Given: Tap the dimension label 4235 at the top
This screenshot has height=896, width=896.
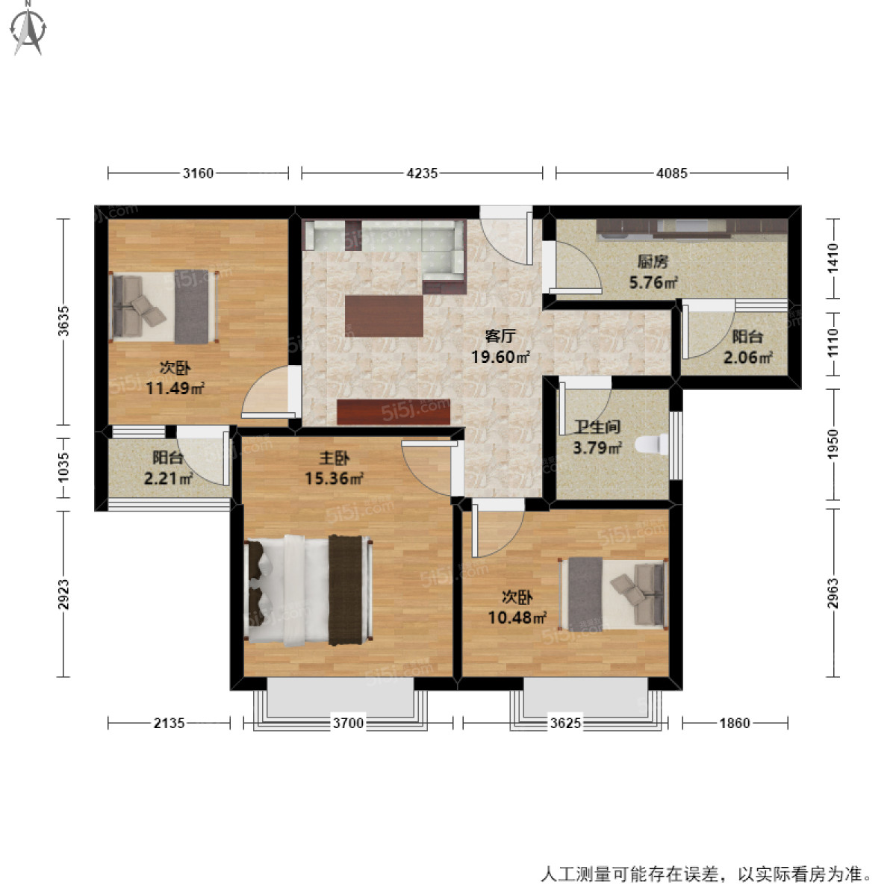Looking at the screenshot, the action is pos(422,173).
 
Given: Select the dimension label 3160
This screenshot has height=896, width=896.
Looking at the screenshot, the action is pos(198,173).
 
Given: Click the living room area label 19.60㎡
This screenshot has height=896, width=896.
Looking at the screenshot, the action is pos(500,357).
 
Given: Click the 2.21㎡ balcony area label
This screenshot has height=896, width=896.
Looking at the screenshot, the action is pos(169,479).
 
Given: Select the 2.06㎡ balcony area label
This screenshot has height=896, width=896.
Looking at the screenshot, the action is pos(747,358).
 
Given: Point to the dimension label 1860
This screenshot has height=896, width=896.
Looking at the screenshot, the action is pos(735,723).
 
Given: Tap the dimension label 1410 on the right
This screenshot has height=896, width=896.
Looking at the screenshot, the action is pos(833,257).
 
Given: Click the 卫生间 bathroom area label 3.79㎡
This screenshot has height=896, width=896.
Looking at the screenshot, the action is pos(597,448).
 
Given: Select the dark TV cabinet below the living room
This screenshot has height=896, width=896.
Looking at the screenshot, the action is pos(393,411).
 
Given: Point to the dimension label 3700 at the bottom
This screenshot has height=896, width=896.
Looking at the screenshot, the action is pos(348,723).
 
